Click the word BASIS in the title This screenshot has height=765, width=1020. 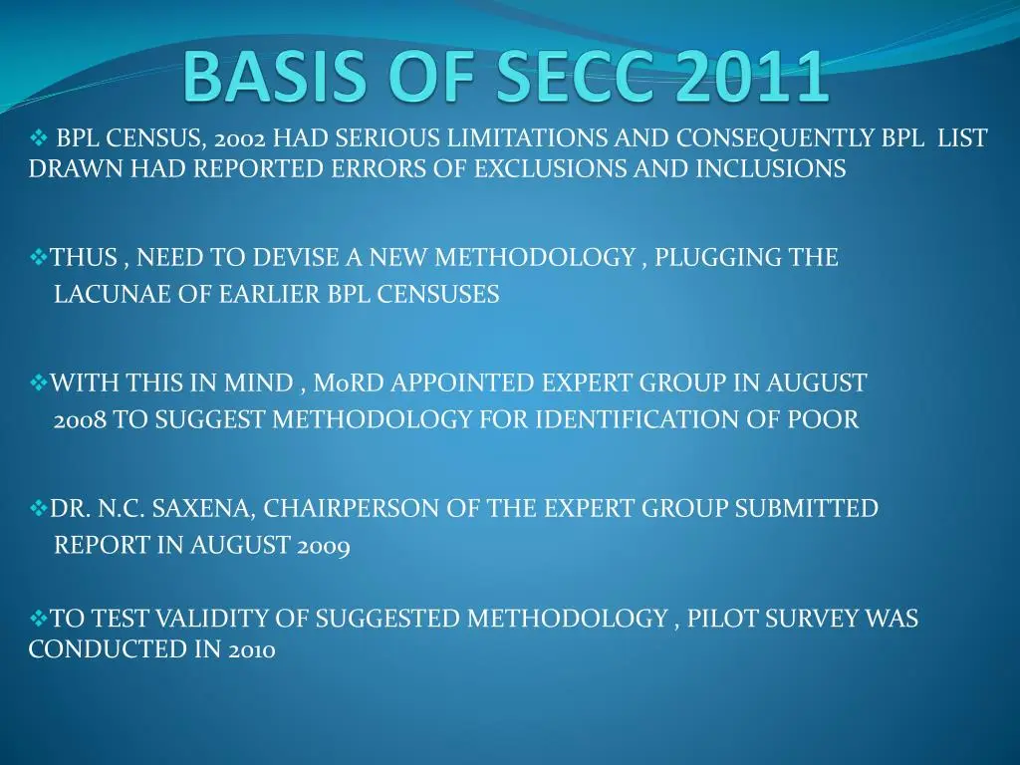click(274, 76)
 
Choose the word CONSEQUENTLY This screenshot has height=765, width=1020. click(775, 139)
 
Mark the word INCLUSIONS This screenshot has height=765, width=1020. click(771, 169)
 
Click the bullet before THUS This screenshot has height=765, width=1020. click(39, 258)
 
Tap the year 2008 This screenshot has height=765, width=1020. click(80, 420)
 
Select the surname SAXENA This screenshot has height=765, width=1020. click(203, 509)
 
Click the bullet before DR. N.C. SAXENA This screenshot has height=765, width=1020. click(39, 508)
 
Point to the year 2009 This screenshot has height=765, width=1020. click(324, 546)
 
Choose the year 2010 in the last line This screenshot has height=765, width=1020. click(252, 649)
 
